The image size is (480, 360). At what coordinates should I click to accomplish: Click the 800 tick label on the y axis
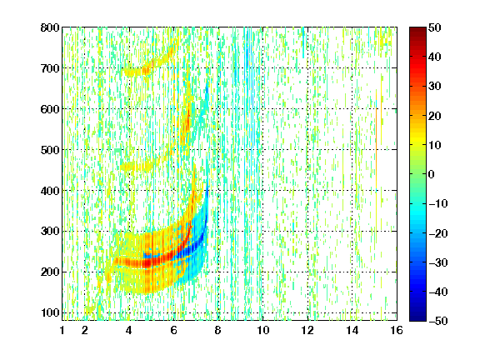point(50,27)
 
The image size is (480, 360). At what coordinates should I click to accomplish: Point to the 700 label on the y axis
point(50,68)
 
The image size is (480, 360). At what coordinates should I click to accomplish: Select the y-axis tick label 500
point(50,150)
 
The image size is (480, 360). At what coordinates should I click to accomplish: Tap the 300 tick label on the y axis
point(50,232)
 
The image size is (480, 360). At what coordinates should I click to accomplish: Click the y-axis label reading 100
point(50,312)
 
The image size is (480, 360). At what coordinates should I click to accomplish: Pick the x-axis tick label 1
point(62,330)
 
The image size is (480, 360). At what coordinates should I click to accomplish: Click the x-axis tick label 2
point(85,330)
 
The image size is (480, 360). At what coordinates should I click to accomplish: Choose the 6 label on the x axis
point(174,330)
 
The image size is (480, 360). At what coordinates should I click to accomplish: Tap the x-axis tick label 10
point(263,330)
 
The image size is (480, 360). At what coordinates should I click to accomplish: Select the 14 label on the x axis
point(352,330)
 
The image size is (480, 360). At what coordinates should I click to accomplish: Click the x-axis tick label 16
point(397,330)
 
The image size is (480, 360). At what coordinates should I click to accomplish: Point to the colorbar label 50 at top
point(435,27)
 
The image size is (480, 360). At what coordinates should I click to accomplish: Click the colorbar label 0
point(432,174)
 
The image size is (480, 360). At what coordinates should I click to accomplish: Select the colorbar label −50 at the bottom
point(438,321)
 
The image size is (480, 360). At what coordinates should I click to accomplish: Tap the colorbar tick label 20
point(435,116)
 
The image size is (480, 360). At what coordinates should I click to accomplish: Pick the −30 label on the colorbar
point(438,262)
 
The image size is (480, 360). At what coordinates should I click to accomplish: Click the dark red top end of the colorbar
point(417,28)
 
